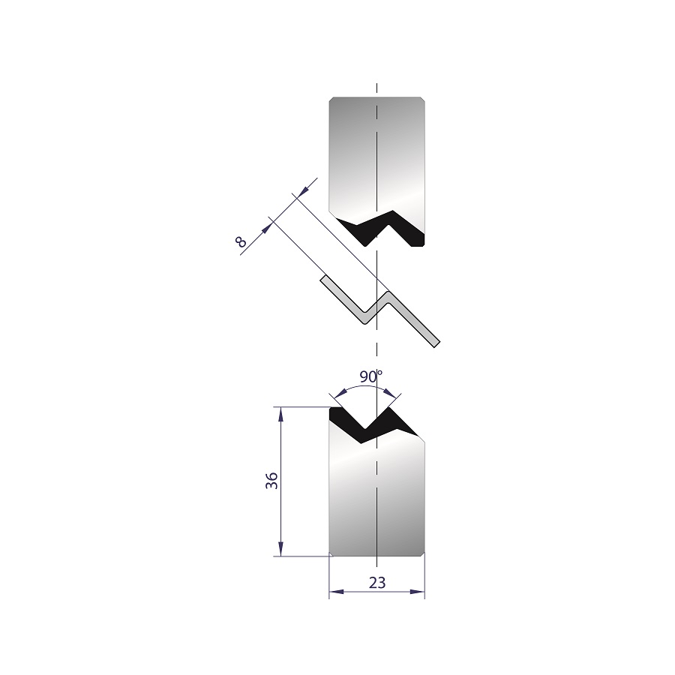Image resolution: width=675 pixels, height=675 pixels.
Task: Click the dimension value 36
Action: pos(271,481)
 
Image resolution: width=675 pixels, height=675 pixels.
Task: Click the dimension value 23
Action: pos(377,583)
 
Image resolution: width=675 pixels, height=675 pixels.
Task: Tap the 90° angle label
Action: pos(371,376)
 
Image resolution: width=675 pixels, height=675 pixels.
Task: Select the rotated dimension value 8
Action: pos(241,242)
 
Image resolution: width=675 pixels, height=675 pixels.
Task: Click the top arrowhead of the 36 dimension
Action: pos(280,413)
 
